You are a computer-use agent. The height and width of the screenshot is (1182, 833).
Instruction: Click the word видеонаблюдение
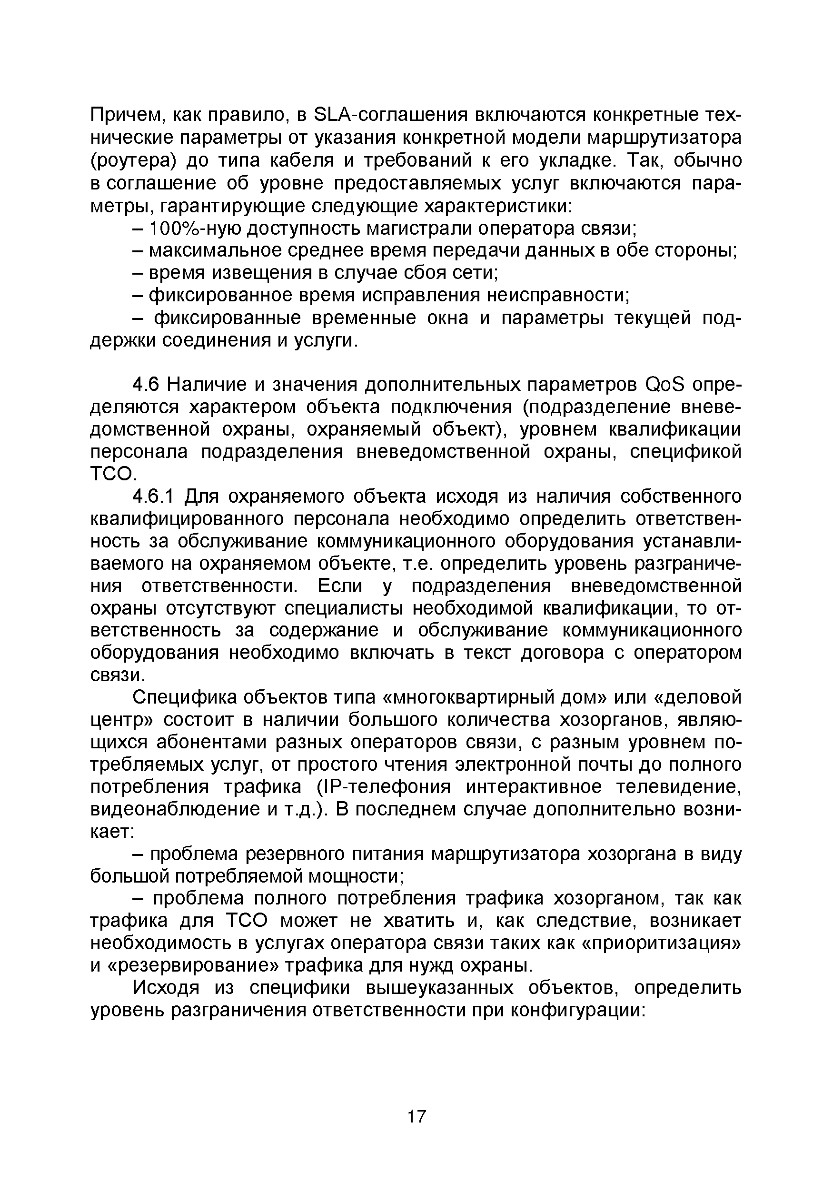coord(176,809)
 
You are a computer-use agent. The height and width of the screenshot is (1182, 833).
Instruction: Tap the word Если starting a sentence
coord(340,586)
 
